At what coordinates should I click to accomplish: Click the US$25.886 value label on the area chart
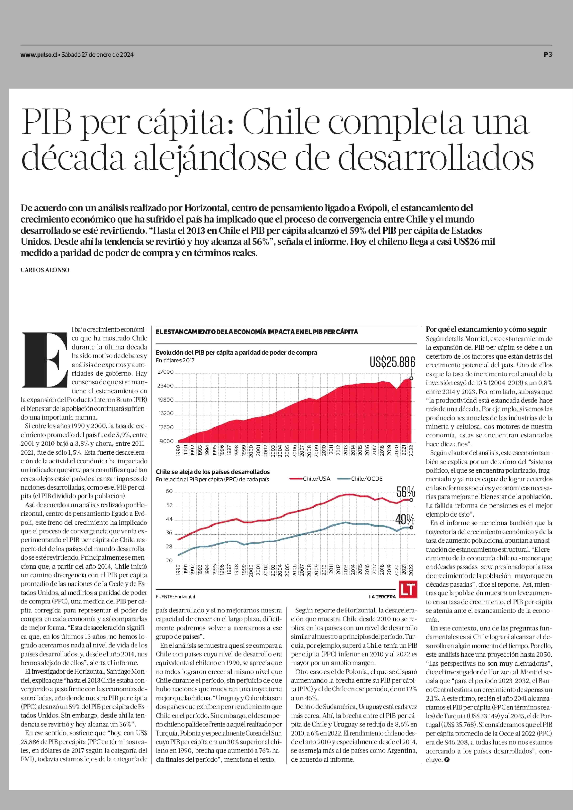click(392, 362)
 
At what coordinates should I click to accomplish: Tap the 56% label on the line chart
click(405, 492)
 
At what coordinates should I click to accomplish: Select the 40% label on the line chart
click(405, 519)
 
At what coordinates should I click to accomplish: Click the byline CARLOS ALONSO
click(45, 270)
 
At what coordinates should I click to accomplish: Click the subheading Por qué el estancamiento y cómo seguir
click(486, 329)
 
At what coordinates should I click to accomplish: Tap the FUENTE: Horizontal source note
click(175, 596)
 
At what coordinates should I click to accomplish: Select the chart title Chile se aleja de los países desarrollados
click(213, 472)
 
